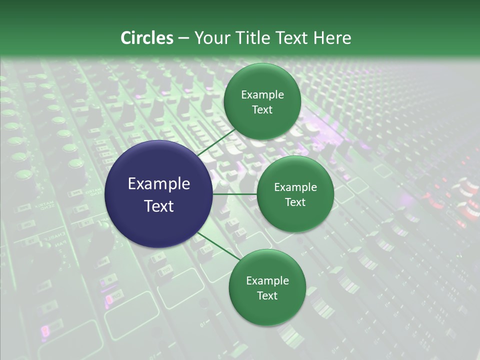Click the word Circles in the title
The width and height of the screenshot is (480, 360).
147,38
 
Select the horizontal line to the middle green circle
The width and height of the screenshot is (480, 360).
235,194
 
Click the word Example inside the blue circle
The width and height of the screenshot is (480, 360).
159,184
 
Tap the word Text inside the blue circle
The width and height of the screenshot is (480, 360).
159,206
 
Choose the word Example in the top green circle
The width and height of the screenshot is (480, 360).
262,95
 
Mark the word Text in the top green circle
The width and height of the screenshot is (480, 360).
262,110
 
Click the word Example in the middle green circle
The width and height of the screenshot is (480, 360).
295,187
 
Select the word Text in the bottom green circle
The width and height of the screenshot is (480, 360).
267,295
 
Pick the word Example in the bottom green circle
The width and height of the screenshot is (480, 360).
267,280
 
